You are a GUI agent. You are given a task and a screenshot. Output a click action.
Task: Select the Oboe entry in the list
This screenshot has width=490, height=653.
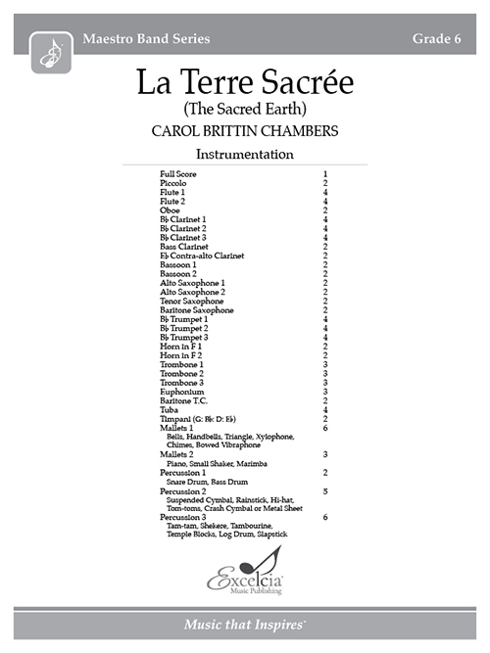tap(171, 210)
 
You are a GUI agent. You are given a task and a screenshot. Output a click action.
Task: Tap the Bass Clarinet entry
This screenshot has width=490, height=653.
tap(183, 247)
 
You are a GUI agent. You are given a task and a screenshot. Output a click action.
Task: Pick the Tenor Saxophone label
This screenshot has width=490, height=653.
tap(190, 301)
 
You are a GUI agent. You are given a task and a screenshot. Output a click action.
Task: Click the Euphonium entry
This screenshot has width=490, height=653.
tap(182, 392)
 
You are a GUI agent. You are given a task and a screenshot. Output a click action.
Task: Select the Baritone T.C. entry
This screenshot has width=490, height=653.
tap(183, 400)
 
